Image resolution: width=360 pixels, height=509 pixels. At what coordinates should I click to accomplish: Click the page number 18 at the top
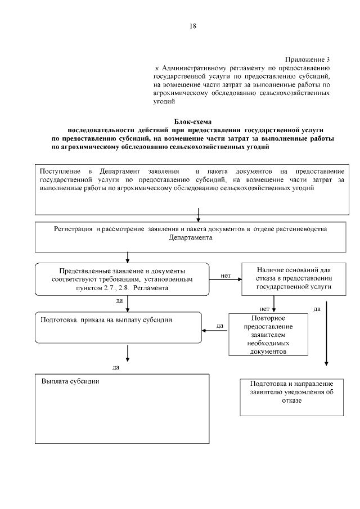192,26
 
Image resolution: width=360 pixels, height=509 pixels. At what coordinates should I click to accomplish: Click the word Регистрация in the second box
74,229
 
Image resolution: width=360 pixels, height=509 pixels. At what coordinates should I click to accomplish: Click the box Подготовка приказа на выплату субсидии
118,327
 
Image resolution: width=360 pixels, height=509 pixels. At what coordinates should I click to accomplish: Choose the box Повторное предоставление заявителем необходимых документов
268,334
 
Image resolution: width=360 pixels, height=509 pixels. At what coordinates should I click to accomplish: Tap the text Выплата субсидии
70,381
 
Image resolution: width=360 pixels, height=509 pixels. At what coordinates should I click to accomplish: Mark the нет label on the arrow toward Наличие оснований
226,276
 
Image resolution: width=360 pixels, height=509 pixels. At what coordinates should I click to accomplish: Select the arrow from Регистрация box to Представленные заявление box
129,257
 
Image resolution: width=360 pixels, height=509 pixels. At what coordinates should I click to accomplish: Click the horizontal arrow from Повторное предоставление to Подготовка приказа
215,331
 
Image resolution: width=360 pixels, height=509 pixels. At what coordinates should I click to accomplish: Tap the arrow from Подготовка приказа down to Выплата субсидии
129,353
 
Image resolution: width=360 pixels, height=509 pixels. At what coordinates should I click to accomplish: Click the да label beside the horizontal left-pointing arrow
220,325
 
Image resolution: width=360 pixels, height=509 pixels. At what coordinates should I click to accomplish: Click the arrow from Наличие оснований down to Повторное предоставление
274,304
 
